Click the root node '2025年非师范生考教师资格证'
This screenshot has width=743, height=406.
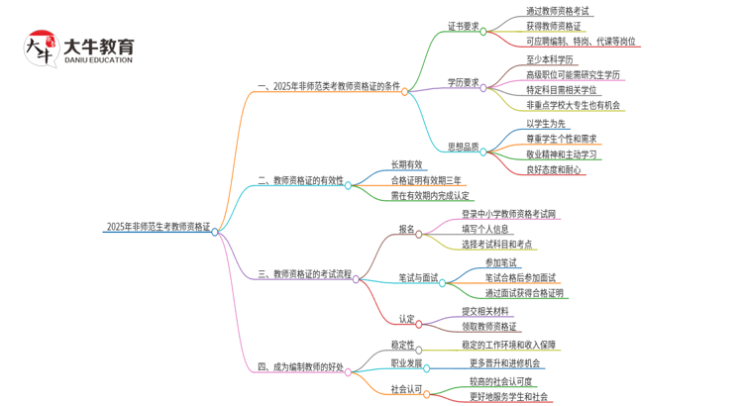click(x=158, y=227)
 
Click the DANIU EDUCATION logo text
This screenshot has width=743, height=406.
click(x=97, y=59)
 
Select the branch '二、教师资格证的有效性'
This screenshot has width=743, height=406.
click(x=300, y=181)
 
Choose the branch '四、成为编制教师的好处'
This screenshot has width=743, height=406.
click(x=300, y=366)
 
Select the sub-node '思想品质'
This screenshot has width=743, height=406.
click(x=462, y=148)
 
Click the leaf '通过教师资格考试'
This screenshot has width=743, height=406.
click(x=544, y=11)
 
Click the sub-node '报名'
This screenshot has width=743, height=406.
click(x=406, y=229)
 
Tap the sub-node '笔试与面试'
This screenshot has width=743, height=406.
click(x=418, y=278)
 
